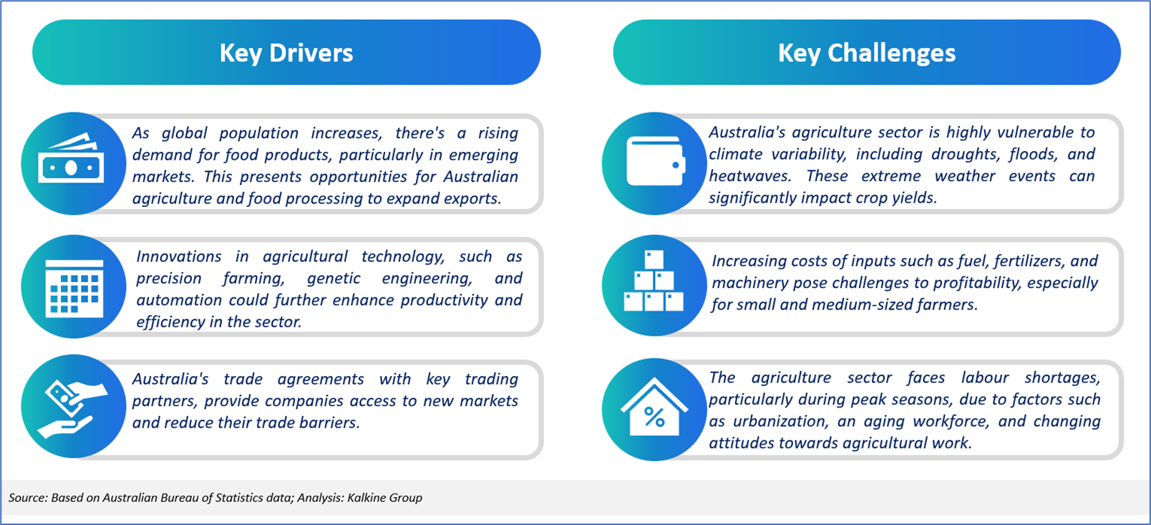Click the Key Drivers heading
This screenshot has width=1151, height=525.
pos(286,53)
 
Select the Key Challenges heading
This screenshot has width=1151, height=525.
pos(866,53)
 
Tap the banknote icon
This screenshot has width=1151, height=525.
pos(71,158)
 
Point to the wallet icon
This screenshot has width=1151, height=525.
pos(656,161)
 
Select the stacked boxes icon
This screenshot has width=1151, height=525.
pos(654,281)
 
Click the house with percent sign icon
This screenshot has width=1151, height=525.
pos(654,408)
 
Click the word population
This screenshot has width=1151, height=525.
pos(259,133)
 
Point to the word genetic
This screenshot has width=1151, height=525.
pos(334,278)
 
